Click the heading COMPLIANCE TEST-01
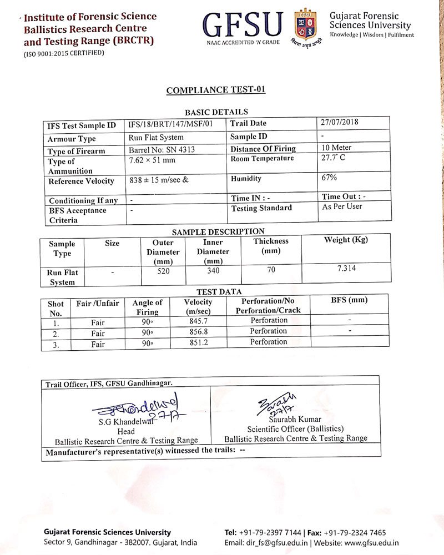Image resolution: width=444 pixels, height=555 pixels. (x=216, y=90)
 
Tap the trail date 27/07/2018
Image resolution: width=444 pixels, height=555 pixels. (x=341, y=122)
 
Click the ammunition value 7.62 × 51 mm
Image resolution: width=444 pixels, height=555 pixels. (x=152, y=161)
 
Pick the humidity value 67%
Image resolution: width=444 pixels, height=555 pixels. (x=330, y=178)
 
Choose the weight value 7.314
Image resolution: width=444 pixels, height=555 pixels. (x=346, y=269)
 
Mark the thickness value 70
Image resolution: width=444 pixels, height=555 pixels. (x=271, y=270)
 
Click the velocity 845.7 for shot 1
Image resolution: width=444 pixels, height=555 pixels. (x=198, y=321)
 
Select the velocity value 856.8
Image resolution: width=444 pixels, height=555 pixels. (x=198, y=332)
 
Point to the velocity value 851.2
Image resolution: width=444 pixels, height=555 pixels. (x=198, y=342)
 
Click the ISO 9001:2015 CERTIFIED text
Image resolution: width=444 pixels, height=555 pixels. (x=63, y=53)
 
